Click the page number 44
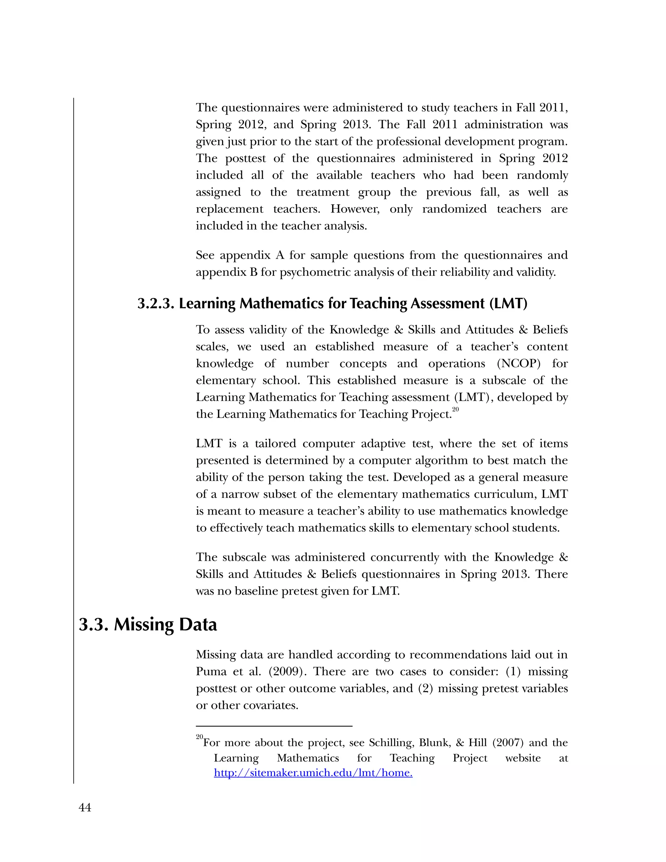pos(85,808)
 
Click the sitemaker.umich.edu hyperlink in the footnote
pos(313,773)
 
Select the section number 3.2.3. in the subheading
pos(156,303)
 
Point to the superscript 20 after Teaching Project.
pos(455,410)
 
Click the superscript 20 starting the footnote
pos(199,737)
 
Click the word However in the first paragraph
pos(355,209)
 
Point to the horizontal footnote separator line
pos(274,726)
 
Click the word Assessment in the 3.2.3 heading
pos(447,303)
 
